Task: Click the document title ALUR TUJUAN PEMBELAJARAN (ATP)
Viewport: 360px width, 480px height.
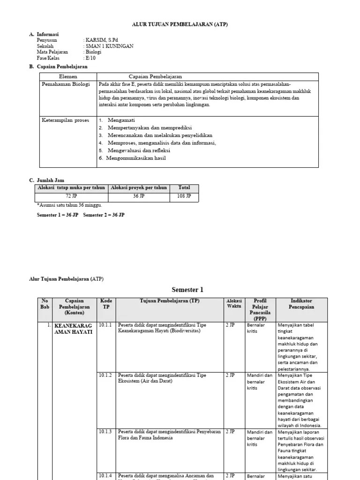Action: pyautogui.click(x=180, y=25)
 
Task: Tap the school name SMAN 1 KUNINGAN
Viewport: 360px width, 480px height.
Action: pyautogui.click(x=109, y=46)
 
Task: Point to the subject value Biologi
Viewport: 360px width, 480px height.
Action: pyautogui.click(x=93, y=52)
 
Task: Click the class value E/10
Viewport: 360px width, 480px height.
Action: pyautogui.click(x=90, y=58)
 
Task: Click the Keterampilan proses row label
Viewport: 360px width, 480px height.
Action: pyautogui.click(x=65, y=120)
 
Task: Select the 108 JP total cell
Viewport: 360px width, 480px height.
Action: pyautogui.click(x=184, y=196)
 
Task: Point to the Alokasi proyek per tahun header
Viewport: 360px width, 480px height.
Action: pyautogui.click(x=139, y=187)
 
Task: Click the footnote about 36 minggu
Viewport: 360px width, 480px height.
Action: pyautogui.click(x=69, y=205)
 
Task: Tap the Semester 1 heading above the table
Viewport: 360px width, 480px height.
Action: pyautogui.click(x=187, y=290)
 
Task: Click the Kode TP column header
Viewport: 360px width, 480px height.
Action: pyautogui.click(x=105, y=304)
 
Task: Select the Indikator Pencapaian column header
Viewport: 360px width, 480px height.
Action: pyautogui.click(x=301, y=304)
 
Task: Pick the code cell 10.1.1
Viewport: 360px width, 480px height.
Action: pyautogui.click(x=105, y=325)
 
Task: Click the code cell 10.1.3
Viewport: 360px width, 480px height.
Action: pyautogui.click(x=105, y=432)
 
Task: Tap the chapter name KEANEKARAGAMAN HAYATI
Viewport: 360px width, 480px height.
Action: pyautogui.click(x=74, y=328)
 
